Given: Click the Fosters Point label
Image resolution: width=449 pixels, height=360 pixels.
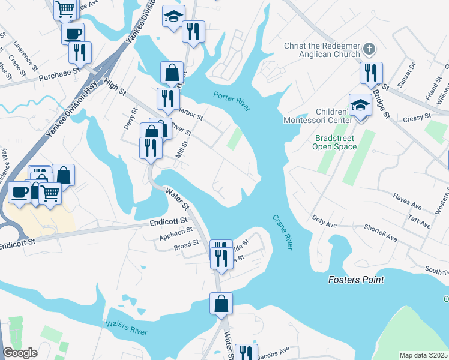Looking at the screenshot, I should coord(356,280).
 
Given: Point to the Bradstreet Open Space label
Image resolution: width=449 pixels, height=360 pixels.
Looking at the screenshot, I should coord(336,142).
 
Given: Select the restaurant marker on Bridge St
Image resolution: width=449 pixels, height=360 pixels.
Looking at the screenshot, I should coord(371,73).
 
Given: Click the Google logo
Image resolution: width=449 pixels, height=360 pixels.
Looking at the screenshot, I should coord(20,353).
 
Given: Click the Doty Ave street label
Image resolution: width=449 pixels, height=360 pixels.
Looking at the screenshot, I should coord(325,220).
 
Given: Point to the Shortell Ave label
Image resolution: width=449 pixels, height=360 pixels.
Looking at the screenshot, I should coord(381,233).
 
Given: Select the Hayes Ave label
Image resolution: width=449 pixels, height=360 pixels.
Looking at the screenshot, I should coord(408,202).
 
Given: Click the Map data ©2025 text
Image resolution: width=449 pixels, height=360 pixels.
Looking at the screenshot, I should coord(424,355).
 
